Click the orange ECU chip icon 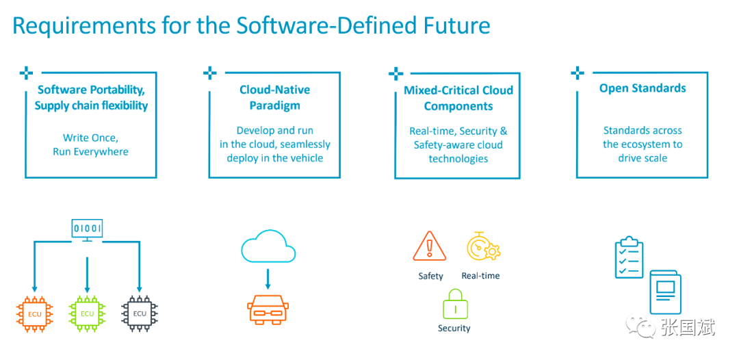pos(35,314)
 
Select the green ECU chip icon pos(87,314)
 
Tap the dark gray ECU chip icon pos(140,314)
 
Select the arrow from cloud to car pos(268,279)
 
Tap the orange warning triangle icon pos(429,246)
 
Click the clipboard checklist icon pos(630,258)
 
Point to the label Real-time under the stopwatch pos(481,276)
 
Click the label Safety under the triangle pos(431,276)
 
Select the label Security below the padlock pos(454,328)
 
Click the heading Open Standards pos(643,88)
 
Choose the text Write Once pos(90,138)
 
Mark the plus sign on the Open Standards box pos(578,73)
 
